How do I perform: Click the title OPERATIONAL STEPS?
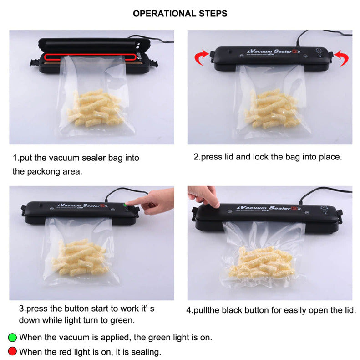(180, 13)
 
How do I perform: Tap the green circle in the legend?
(13, 338)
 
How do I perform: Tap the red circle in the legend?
(13, 351)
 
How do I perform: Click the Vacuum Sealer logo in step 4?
(271, 209)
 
